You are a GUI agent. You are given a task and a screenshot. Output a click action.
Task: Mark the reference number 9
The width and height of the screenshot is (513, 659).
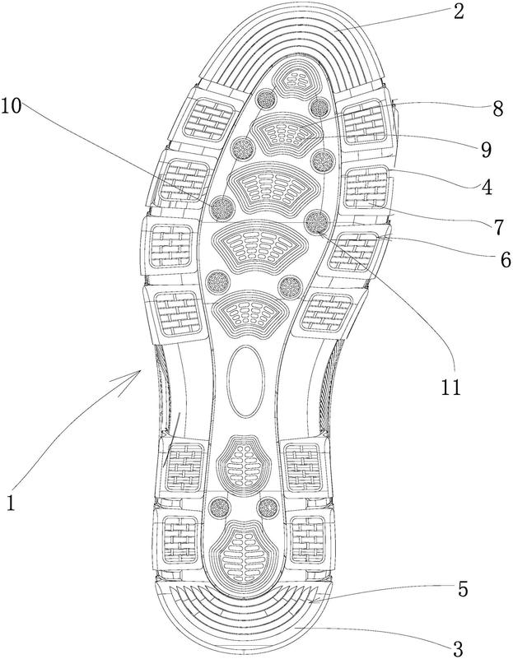tap(484, 150)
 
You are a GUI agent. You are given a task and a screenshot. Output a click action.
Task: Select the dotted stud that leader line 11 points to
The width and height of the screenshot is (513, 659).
tap(316, 222)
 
